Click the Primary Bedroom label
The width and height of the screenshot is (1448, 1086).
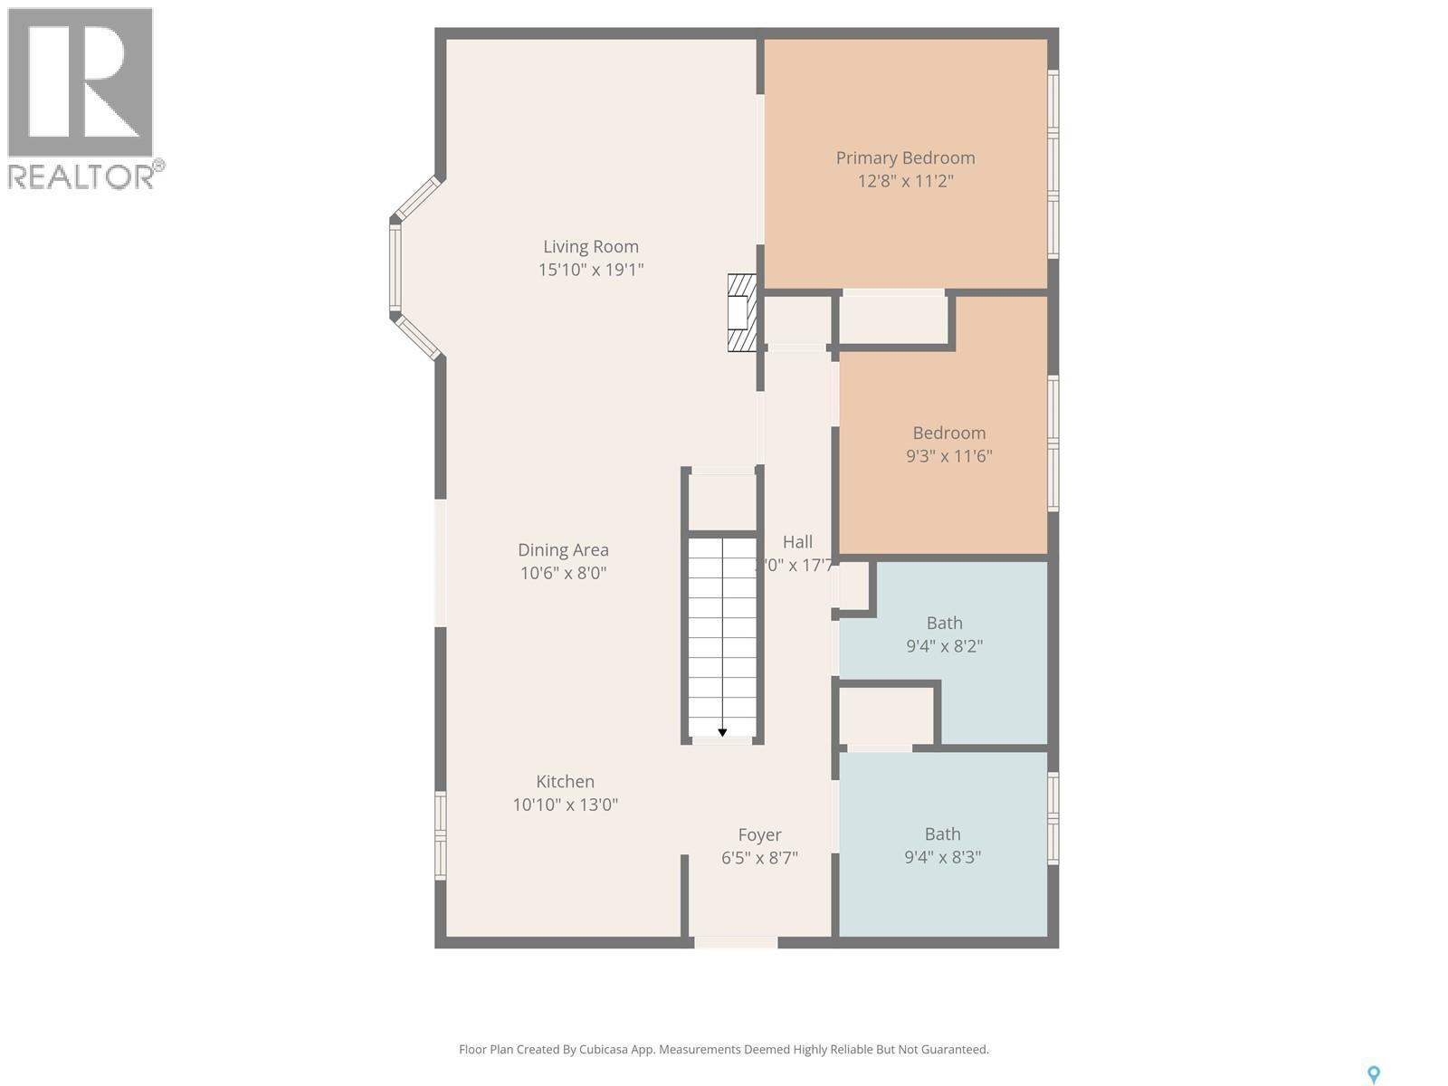905,157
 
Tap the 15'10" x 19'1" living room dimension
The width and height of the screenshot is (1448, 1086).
591,270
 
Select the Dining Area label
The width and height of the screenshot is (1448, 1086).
563,549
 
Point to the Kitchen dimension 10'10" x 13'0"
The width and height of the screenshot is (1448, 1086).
565,805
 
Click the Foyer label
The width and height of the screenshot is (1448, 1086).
759,834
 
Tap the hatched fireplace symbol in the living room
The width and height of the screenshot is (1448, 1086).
742,312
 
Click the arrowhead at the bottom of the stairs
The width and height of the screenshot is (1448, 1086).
722,731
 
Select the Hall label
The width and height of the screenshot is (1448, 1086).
797,542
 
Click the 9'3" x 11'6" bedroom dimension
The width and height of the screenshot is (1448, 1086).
948,456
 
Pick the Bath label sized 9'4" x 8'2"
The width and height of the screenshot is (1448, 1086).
944,623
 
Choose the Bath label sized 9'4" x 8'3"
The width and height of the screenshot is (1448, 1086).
942,834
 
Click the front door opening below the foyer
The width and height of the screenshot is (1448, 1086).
736,942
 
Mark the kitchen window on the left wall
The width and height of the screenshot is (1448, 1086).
441,835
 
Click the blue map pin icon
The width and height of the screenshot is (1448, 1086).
1373,1074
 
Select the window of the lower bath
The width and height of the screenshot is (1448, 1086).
1053,818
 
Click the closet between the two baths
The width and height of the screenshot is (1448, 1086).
886,716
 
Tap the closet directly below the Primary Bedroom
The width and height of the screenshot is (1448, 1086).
893,319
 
